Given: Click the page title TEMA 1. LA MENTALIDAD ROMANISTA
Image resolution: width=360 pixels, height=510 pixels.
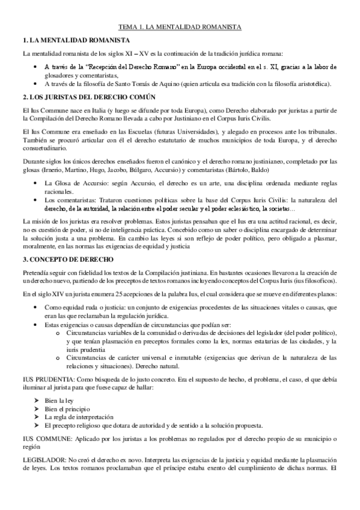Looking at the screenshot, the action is pos(180,28).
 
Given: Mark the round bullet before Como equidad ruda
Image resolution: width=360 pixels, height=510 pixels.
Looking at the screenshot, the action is pos(38,307).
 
